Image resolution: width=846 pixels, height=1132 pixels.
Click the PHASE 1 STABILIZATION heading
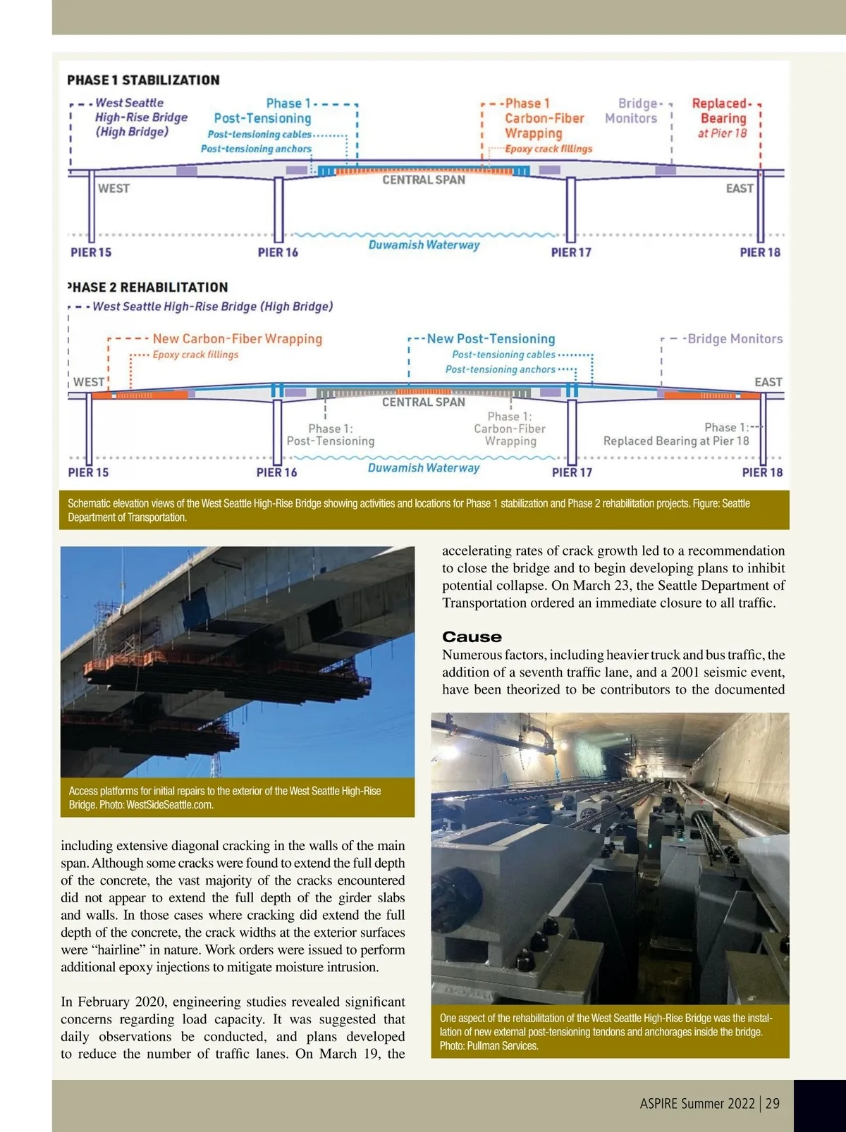(143, 80)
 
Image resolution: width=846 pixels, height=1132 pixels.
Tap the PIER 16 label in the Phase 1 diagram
(278, 252)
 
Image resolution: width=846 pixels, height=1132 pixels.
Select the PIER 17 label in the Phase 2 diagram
(572, 472)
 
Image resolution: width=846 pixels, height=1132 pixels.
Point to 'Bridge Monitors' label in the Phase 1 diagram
(632, 111)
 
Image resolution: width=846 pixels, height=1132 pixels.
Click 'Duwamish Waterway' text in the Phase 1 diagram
(424, 245)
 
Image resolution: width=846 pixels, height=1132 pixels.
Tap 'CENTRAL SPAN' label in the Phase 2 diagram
(423, 402)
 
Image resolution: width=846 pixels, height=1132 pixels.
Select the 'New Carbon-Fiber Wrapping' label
(237, 338)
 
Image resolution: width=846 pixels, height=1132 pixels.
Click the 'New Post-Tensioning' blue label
(491, 339)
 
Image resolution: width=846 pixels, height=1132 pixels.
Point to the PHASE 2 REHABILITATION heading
(147, 287)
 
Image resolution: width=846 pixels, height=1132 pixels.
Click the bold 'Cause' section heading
(472, 636)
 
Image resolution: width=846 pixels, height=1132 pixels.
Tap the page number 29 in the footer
(773, 1103)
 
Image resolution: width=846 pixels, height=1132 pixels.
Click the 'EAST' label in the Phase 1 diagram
(740, 188)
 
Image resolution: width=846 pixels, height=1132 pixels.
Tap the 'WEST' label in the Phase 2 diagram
(89, 382)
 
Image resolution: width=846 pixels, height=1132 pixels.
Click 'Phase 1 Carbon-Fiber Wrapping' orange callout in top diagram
(544, 118)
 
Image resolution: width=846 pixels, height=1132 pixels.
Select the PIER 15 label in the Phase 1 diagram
(91, 252)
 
